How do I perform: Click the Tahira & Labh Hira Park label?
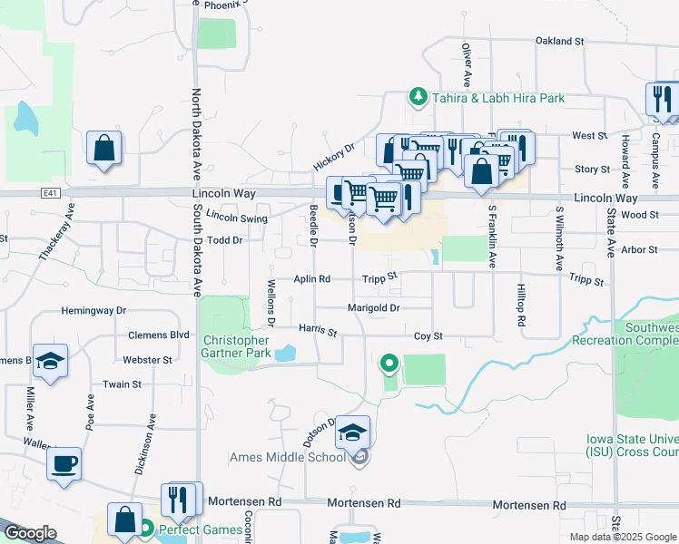click(x=497, y=98)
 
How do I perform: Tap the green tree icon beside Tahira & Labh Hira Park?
click(x=418, y=97)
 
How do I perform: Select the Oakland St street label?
click(x=558, y=41)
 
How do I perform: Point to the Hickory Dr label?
click(x=333, y=157)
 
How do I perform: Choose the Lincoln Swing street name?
click(x=236, y=218)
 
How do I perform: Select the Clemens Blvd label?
click(x=158, y=335)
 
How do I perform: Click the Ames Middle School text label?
click(x=287, y=457)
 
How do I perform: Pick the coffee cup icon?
click(x=64, y=463)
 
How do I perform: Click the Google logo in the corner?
click(x=29, y=533)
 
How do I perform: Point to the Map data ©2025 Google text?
click(x=622, y=537)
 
